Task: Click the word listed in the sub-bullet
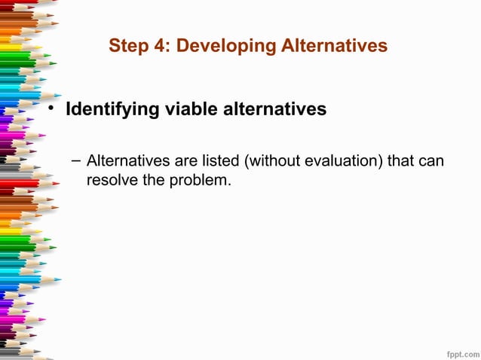tap(215, 161)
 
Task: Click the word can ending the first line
tap(430, 161)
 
